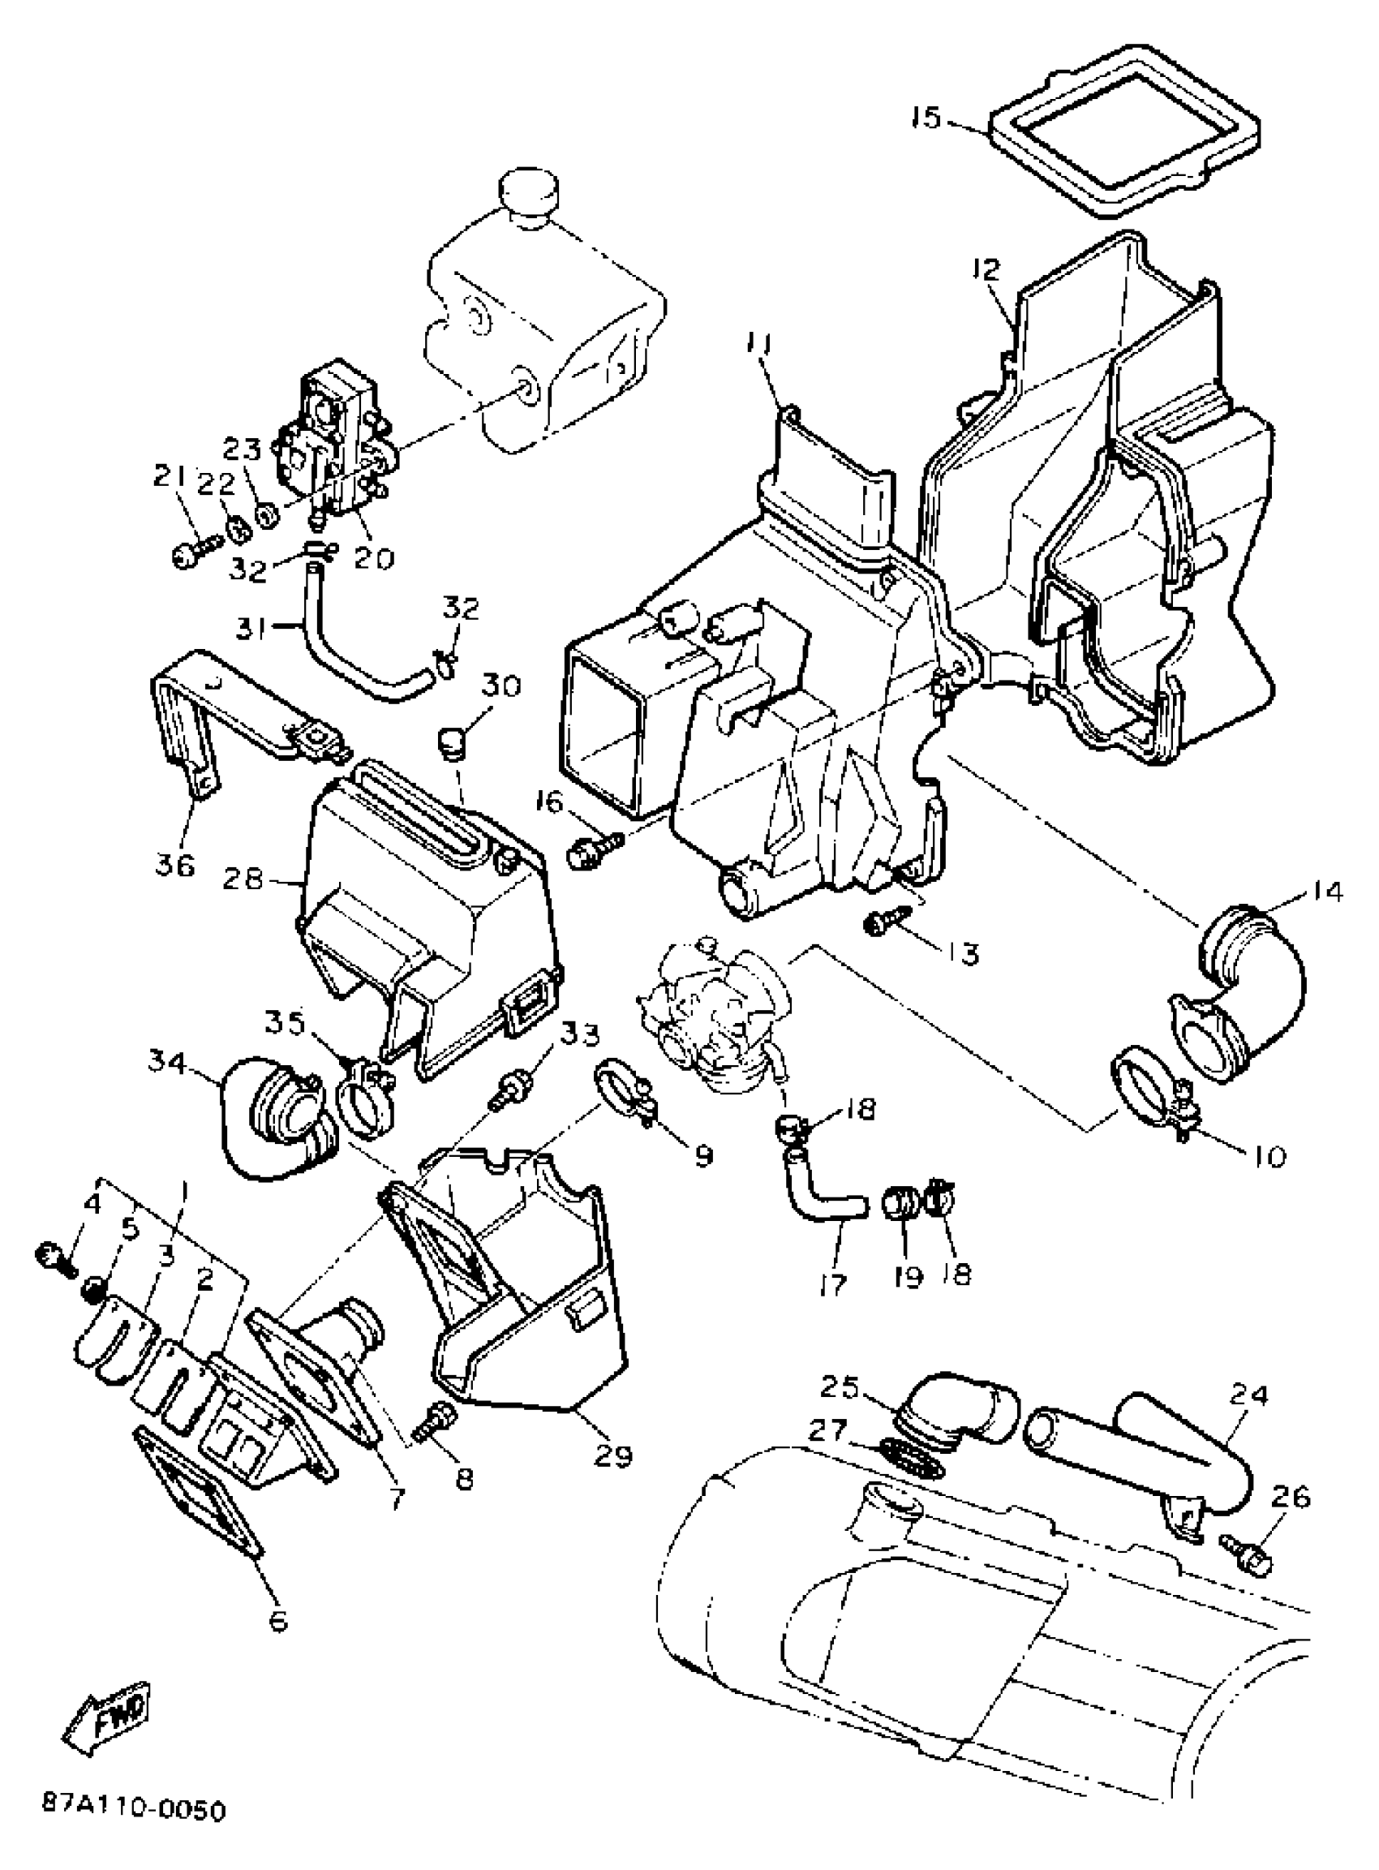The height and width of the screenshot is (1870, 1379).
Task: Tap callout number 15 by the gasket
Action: [x=926, y=118]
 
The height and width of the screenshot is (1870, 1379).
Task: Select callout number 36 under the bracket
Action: [x=174, y=864]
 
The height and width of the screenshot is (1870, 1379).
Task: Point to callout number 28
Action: [x=243, y=879]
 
